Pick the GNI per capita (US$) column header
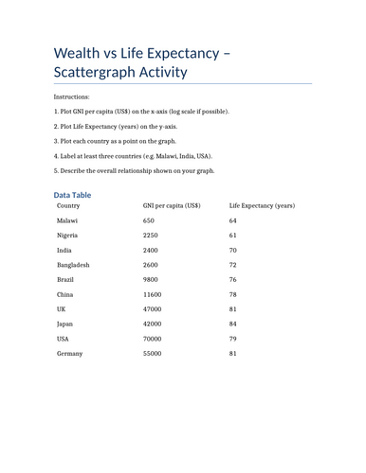click(172, 205)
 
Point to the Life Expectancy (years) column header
click(262, 205)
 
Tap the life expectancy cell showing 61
click(234, 235)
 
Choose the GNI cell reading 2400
click(153, 250)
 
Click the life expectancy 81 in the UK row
click(234, 308)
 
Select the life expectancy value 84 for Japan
click(234, 324)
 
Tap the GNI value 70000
click(155, 339)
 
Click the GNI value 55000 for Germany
click(155, 353)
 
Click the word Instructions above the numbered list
click(73, 96)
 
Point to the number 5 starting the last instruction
click(57, 171)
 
